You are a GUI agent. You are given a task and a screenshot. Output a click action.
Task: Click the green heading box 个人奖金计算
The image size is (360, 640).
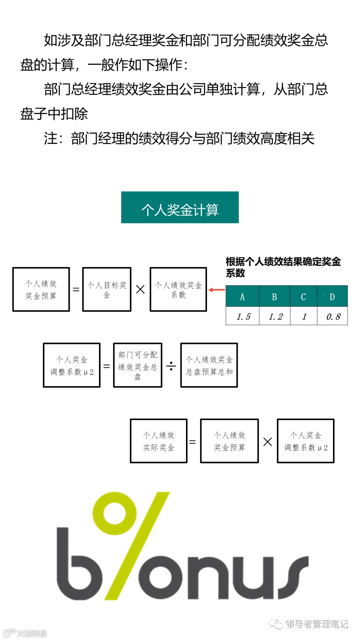180,207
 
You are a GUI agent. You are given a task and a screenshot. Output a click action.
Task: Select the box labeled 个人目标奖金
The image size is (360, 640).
107,289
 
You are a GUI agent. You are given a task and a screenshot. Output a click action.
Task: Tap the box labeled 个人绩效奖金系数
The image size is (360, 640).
178,289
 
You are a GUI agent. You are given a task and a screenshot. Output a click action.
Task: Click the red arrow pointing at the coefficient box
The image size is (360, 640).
216,290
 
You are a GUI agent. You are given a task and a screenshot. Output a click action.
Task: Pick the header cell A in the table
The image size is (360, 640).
242,296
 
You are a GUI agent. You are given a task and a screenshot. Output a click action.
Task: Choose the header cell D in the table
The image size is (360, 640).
332,296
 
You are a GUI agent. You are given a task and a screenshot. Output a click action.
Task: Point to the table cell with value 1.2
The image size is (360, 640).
275,316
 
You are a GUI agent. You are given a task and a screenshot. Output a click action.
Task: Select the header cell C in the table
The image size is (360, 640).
303,296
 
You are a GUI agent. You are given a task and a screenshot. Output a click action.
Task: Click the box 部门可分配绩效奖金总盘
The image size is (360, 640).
138,365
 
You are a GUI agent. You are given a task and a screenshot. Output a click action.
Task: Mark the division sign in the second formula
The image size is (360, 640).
171,366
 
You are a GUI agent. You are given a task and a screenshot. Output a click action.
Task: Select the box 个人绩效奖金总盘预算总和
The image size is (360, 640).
209,365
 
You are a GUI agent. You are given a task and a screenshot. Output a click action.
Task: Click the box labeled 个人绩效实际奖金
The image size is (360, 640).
159,441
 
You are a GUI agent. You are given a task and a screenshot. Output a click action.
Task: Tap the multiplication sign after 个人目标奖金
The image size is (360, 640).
140,289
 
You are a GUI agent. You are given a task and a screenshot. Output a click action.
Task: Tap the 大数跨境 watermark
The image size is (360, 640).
32,633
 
